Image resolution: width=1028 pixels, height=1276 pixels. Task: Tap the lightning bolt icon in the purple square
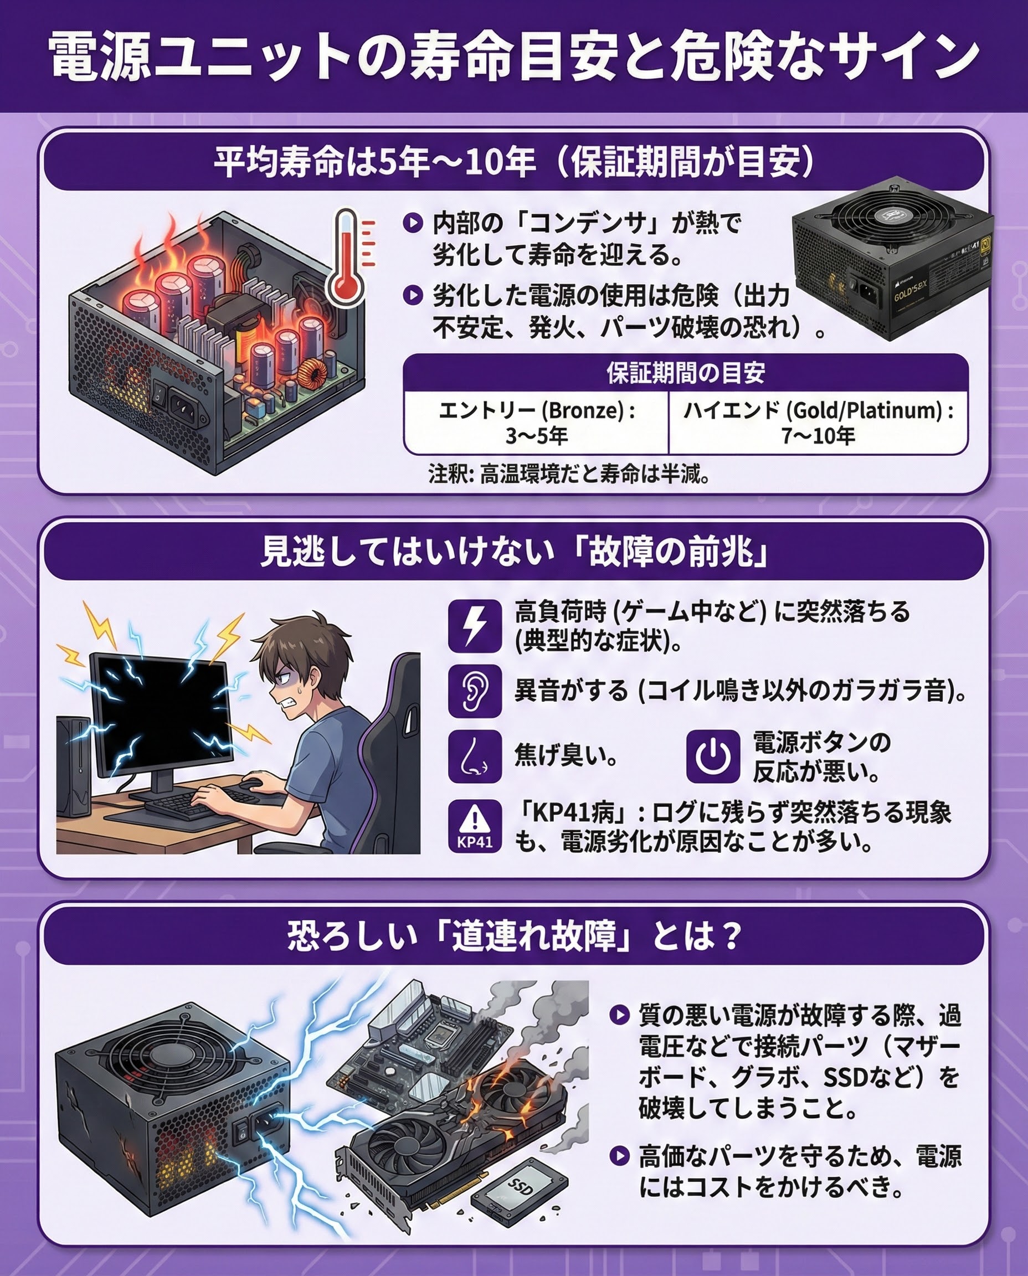click(x=474, y=625)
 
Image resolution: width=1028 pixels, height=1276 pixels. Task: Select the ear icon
click(x=474, y=691)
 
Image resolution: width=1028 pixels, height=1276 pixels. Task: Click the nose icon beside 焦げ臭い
click(x=474, y=756)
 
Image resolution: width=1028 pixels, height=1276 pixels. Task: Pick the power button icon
click(x=713, y=756)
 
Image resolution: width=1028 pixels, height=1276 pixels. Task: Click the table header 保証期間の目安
click(x=686, y=373)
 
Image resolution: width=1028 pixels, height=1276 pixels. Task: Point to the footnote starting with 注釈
click(x=569, y=474)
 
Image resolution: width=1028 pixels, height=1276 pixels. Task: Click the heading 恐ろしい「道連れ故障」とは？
click(x=514, y=936)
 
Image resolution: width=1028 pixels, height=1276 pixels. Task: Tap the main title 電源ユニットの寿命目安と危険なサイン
click(x=514, y=57)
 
